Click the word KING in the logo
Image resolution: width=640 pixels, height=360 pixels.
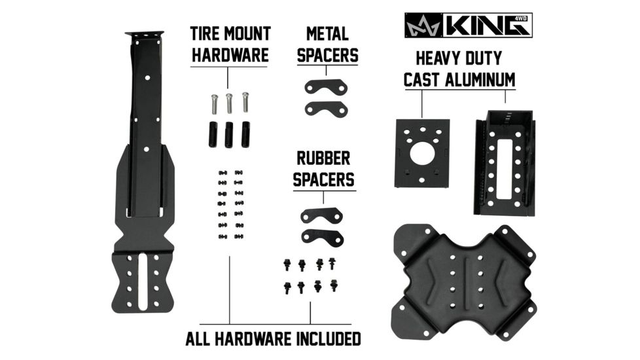485,26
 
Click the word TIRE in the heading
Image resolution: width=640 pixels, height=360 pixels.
207,34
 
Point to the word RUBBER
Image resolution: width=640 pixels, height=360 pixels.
323,158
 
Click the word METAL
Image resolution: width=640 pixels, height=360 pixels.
327,34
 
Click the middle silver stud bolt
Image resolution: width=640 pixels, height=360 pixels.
229,103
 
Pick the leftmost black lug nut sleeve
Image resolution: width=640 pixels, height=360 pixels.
213,134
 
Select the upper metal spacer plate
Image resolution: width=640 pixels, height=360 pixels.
326,87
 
